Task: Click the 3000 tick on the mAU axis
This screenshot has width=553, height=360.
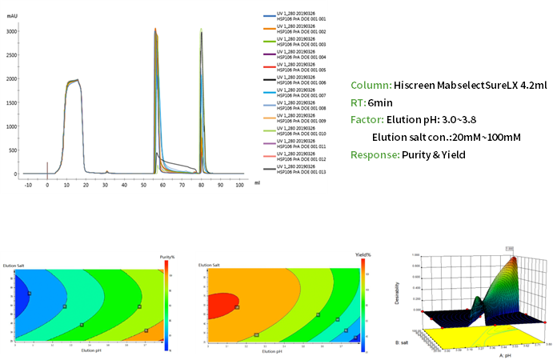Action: click(12, 31)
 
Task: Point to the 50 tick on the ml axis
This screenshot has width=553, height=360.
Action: click(143, 185)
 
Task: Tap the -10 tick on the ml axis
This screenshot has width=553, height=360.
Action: click(28, 185)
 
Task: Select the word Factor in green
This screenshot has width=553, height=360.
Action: click(369, 120)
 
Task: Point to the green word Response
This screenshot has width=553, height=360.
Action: click(375, 154)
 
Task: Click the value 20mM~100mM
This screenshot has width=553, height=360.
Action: click(487, 138)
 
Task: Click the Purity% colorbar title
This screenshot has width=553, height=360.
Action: click(166, 256)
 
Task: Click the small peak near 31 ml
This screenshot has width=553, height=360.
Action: click(106, 171)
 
